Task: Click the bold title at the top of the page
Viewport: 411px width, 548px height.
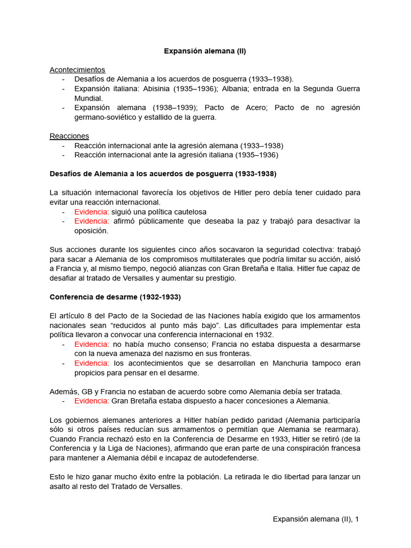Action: pos(205,51)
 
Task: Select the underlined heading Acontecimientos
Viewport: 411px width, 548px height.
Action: pos(77,70)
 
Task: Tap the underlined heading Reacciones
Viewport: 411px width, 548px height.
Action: pos(69,136)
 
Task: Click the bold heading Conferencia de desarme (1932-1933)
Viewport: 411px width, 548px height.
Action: pos(115,296)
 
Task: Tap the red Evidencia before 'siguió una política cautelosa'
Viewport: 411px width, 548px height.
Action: pos(92,211)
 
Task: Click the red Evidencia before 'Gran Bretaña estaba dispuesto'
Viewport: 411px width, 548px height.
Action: pos(92,401)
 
